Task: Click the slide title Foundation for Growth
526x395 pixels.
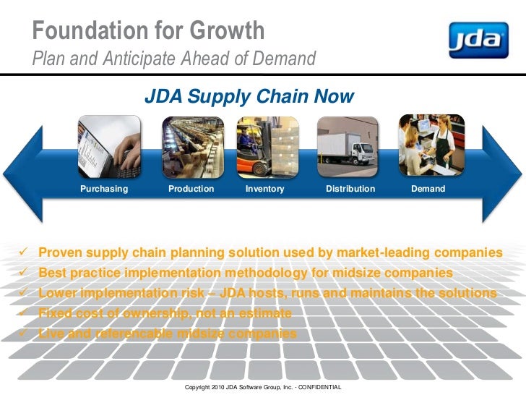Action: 149,31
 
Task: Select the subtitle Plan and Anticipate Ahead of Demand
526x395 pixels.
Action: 174,58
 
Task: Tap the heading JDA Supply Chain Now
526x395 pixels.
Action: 249,96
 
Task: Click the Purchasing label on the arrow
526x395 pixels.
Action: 104,189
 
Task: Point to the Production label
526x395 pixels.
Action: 191,189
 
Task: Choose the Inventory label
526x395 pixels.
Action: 265,189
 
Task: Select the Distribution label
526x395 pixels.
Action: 350,189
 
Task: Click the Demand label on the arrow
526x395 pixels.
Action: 428,189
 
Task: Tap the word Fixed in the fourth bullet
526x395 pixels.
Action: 54,314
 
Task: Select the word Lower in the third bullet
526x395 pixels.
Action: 58,294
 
